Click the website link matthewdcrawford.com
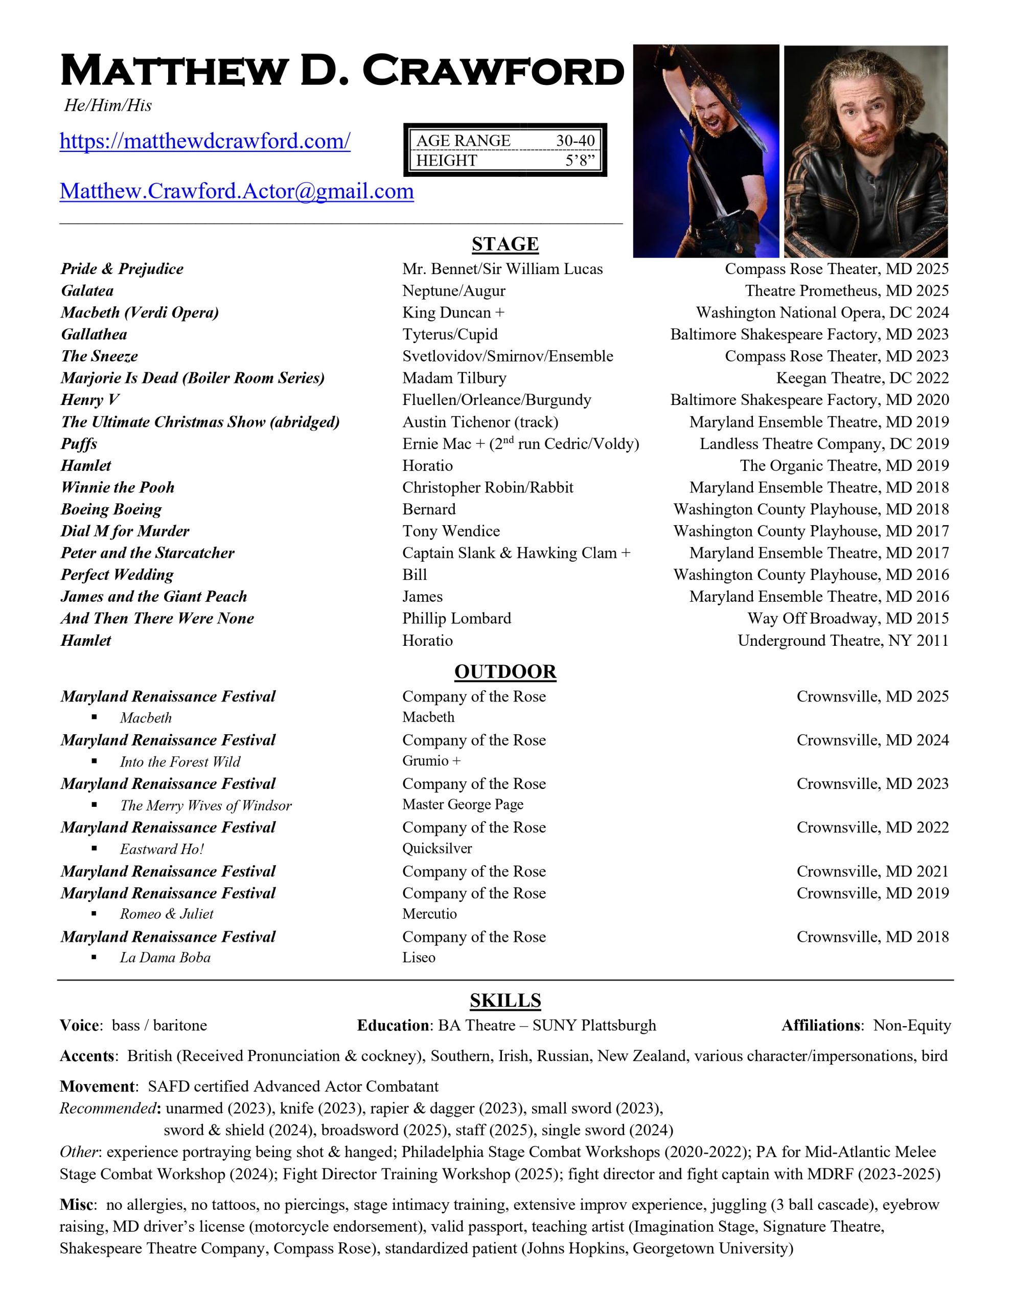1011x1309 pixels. click(205, 142)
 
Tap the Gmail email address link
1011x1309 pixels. click(237, 192)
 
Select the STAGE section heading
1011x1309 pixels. click(504, 244)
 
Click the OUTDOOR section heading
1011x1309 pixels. click(504, 671)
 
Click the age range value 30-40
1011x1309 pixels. click(575, 141)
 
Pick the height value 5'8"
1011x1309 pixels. click(580, 161)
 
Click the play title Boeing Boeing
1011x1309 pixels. click(111, 509)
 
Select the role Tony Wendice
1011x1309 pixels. click(451, 531)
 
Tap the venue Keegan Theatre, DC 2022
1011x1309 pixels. click(862, 378)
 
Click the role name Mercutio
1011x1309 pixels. click(429, 914)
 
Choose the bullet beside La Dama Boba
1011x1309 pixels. click(94, 958)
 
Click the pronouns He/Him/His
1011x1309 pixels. click(108, 105)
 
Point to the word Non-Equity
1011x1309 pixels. click(911, 1026)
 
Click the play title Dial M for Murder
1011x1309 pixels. click(125, 531)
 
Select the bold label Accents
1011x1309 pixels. click(87, 1056)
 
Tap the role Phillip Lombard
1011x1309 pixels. click(456, 619)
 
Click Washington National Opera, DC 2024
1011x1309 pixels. click(821, 313)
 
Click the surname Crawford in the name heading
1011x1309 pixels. click(493, 71)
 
